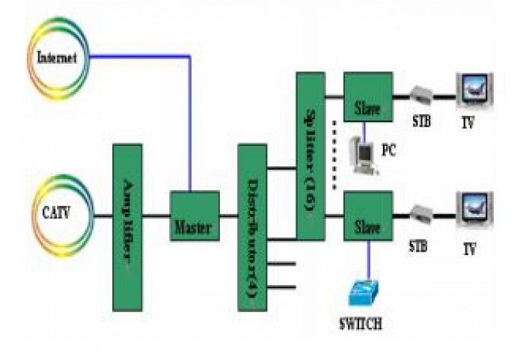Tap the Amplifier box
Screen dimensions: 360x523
tap(126, 227)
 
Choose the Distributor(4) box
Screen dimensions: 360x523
tap(252, 227)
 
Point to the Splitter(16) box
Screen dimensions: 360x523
tap(310, 156)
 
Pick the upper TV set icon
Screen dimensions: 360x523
tap(474, 91)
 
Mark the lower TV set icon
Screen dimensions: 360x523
tap(474, 210)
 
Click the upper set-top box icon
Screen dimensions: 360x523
tap(421, 95)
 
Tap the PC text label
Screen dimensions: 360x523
tap(389, 150)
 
